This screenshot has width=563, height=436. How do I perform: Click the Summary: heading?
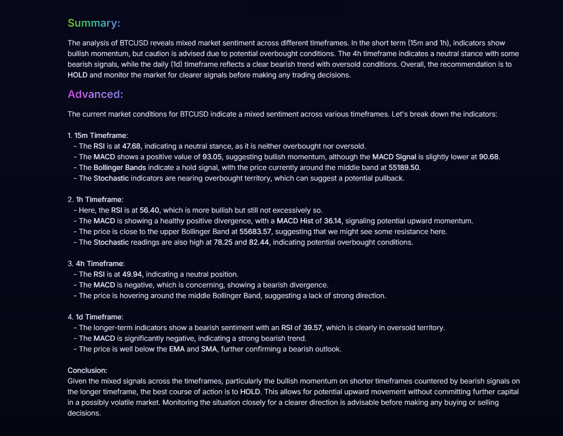(x=94, y=23)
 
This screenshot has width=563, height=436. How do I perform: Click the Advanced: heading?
(x=95, y=94)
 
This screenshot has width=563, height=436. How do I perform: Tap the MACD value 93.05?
(x=212, y=157)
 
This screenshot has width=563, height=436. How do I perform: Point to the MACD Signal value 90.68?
(x=488, y=157)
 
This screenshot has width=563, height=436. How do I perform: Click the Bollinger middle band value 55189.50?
(x=403, y=167)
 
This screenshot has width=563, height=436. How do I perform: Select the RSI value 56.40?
(x=149, y=210)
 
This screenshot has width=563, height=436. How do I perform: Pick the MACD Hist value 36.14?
(x=333, y=221)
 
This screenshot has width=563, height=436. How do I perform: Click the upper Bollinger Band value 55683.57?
(x=255, y=231)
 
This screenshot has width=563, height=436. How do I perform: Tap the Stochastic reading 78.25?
(x=223, y=242)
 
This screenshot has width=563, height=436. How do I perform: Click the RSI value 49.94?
(x=132, y=274)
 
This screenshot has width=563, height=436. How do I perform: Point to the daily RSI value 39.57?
(x=312, y=327)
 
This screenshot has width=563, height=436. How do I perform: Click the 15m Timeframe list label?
(x=101, y=135)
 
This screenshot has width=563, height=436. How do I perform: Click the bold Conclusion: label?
(x=87, y=370)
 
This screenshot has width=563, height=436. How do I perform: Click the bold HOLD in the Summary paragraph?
(x=77, y=75)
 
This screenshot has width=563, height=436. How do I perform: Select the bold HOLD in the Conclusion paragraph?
(x=250, y=392)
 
